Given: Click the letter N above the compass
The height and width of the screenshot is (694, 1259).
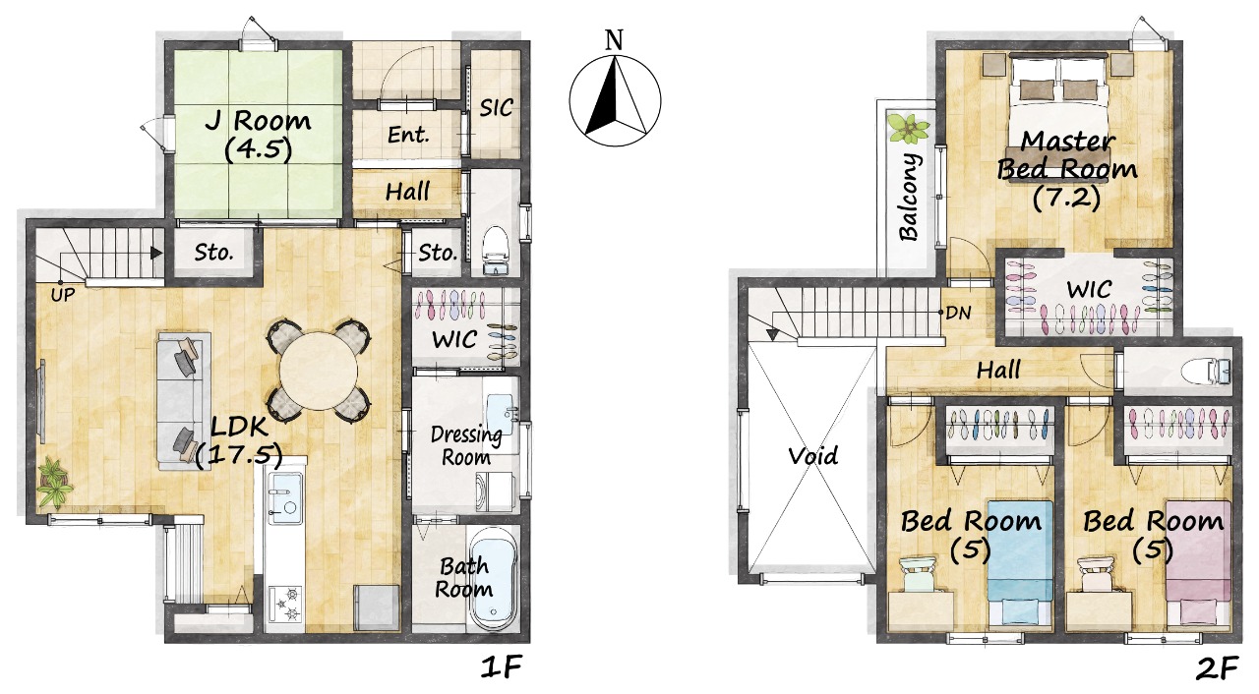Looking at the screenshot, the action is point(615,40).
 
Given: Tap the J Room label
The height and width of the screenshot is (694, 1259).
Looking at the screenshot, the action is point(259,121).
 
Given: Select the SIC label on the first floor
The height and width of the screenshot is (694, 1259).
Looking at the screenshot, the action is point(497,107).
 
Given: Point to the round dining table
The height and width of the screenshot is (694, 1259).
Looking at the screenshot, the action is point(319,371).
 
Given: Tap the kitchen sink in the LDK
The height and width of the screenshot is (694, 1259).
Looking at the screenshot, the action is point(285,498).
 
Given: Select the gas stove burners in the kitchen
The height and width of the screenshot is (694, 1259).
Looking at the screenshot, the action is point(285,604).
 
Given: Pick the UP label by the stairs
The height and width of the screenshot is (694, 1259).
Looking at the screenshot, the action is point(62,294).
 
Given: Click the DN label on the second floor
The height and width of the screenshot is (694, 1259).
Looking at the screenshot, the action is point(958,313).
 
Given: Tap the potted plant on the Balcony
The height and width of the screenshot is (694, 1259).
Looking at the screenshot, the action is point(908,129).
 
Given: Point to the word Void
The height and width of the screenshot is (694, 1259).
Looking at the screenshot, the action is point(812,455).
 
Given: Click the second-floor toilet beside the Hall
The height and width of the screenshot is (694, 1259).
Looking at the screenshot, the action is point(1206,372).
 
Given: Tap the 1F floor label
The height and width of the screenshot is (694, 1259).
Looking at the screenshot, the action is point(502,668).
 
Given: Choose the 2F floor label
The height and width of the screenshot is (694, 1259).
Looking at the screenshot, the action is point(1217,668).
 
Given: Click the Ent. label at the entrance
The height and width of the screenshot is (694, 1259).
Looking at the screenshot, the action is point(408,136).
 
